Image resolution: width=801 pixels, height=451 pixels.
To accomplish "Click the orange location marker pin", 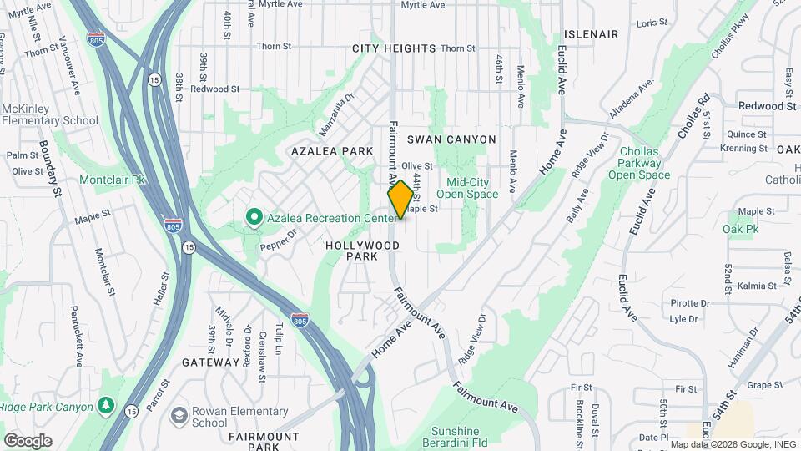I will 400,200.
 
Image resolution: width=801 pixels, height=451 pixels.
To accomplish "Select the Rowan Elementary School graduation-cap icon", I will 179,416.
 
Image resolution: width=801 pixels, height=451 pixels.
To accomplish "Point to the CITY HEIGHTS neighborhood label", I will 394,48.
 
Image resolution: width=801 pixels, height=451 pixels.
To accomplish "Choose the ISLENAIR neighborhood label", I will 591,34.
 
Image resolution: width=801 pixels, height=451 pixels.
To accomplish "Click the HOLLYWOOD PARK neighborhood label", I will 362,251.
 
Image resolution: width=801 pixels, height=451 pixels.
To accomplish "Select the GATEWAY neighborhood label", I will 210,362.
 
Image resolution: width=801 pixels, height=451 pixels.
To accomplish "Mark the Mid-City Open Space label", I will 472,188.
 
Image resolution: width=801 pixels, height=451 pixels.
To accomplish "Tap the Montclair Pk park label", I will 112,180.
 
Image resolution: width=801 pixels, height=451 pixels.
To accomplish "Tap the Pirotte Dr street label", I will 689,303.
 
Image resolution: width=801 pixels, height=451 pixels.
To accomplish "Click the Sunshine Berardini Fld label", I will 456,437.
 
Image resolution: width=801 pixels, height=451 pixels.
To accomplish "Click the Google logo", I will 28,440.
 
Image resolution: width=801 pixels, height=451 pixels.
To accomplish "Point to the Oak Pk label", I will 740,229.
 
